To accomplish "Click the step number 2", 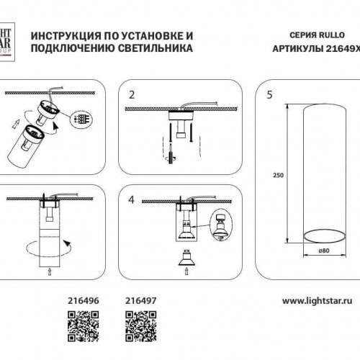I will [x=131, y=94].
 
